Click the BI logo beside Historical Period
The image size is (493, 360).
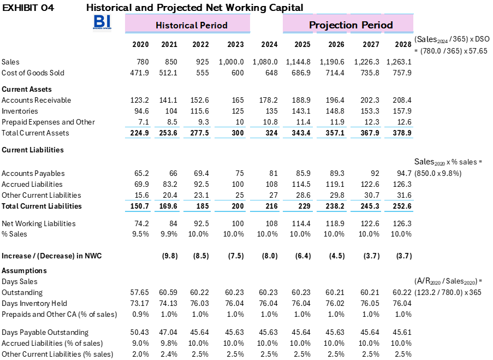point(102,22)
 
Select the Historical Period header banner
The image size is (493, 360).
point(187,23)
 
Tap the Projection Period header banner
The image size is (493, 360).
point(348,23)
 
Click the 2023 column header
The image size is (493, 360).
point(235,44)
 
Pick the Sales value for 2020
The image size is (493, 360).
point(142,62)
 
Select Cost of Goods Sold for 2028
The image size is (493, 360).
point(402,73)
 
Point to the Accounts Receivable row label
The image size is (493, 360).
point(36,100)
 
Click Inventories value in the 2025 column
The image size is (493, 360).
point(301,111)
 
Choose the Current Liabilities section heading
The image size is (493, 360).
point(33,150)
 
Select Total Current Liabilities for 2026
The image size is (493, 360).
point(335,206)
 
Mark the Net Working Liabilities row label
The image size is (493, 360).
point(39,223)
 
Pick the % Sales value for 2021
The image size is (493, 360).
point(169,234)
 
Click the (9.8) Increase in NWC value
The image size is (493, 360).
point(170,256)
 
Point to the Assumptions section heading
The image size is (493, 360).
point(24,270)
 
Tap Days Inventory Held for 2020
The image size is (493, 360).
point(140,303)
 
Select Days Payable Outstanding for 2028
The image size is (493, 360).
point(402,332)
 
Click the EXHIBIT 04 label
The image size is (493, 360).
point(28,8)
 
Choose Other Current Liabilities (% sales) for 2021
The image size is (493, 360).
point(169,354)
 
